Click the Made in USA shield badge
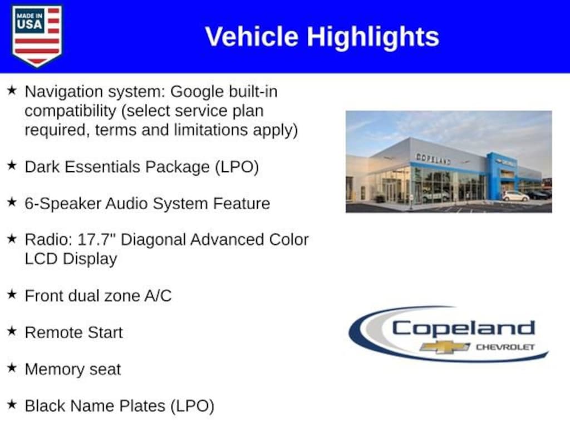pyautogui.click(x=37, y=36)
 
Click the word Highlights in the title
pyautogui.click(x=373, y=37)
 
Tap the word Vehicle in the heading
pyautogui.click(x=252, y=37)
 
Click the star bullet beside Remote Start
pyautogui.click(x=12, y=331)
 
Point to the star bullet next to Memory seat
pyautogui.click(x=12, y=368)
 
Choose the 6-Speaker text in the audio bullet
pyautogui.click(x=63, y=203)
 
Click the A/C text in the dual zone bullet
pyautogui.click(x=158, y=296)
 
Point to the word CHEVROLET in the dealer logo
pyautogui.click(x=505, y=347)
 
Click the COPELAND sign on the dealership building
pyautogui.click(x=433, y=158)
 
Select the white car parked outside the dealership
pyautogui.click(x=516, y=196)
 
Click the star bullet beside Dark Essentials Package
pyautogui.click(x=12, y=166)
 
